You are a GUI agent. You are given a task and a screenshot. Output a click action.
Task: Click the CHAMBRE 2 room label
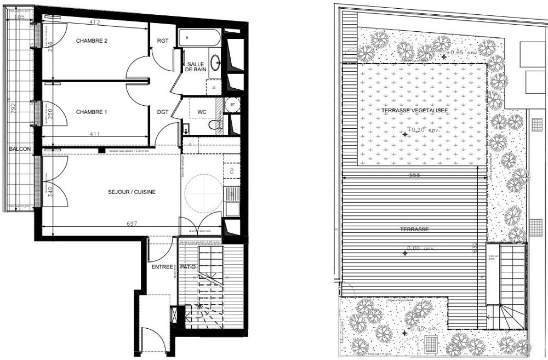coord(92,41)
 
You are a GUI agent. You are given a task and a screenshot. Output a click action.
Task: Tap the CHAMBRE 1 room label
coord(92,112)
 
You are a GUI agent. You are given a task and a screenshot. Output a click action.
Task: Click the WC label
coord(202,112)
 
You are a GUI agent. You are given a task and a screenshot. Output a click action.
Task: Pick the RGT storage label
coord(163,41)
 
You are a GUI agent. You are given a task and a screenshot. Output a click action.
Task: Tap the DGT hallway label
coord(163,112)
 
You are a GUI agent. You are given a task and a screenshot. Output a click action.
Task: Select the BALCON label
coord(19,149)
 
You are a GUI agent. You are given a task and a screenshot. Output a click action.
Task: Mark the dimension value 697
coord(132,224)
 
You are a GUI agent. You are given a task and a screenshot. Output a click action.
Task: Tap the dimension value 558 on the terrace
coord(415,176)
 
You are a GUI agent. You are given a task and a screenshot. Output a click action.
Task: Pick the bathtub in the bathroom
coord(199,39)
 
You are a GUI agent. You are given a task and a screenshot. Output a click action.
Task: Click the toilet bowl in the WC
coord(215,125)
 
